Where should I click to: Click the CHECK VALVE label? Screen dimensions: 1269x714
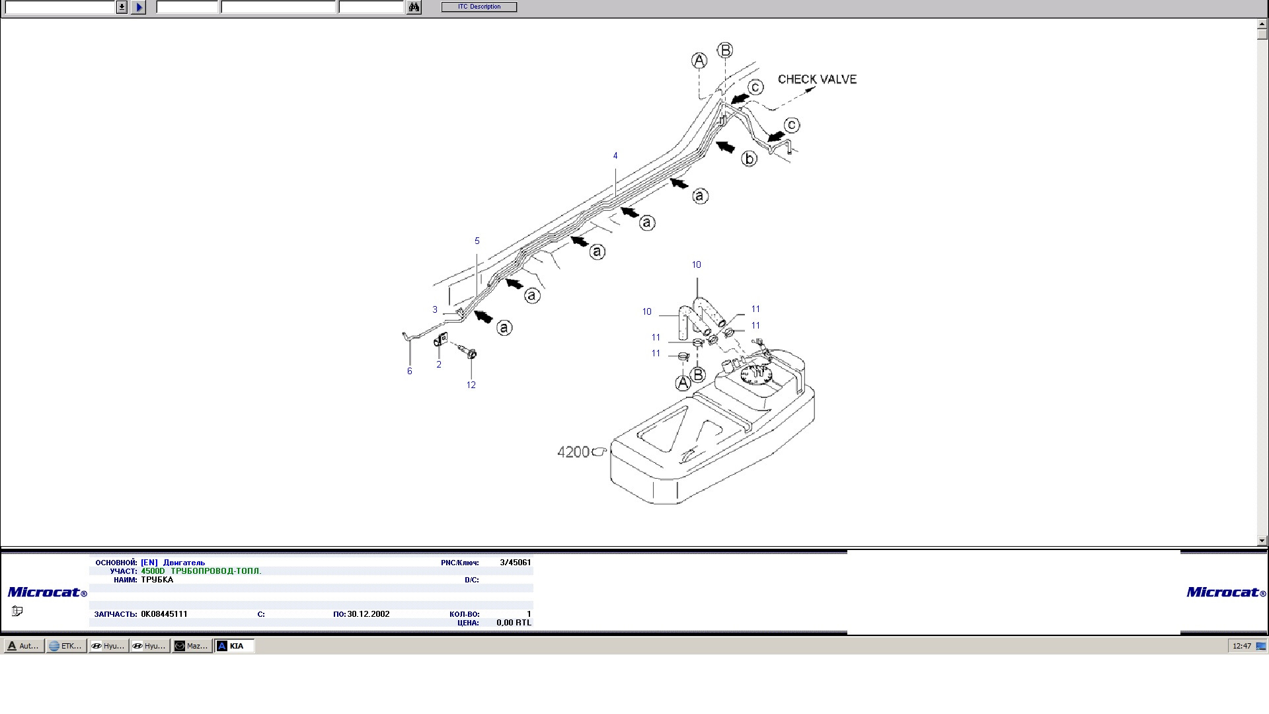click(817, 79)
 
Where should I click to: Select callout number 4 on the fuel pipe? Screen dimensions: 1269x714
click(615, 156)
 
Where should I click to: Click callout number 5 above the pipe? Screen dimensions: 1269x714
click(477, 241)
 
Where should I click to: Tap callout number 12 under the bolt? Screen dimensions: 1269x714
click(471, 385)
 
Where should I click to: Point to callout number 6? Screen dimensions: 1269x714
click(410, 372)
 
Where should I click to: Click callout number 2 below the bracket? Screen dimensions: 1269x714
click(439, 365)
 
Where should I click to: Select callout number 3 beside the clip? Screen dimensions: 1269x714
click(435, 310)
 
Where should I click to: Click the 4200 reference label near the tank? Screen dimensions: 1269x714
click(573, 452)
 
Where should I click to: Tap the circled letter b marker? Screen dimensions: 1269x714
click(749, 159)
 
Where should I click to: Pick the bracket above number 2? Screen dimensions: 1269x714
click(440, 340)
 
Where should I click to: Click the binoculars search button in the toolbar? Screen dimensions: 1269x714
click(414, 7)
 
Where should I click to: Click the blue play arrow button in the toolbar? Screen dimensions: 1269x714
click(138, 7)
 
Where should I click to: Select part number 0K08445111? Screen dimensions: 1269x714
click(164, 614)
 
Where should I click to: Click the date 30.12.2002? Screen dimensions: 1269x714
click(368, 614)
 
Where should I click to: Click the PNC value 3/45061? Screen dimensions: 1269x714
click(516, 563)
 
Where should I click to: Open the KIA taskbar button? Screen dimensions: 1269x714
click(235, 646)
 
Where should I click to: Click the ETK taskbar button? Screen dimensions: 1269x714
click(66, 646)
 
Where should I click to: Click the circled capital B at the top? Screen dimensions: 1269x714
click(725, 50)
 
